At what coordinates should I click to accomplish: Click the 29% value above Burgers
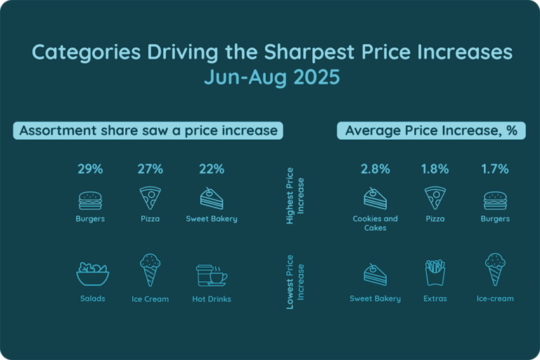(90, 169)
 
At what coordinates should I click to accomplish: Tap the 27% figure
(150, 169)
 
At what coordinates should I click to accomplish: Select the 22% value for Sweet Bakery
(211, 169)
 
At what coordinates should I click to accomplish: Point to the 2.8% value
(375, 169)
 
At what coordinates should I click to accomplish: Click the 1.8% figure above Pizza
(435, 169)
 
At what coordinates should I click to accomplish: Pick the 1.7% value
(496, 169)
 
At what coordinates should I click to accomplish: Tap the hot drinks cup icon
(211, 274)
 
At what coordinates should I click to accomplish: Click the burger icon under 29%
(90, 200)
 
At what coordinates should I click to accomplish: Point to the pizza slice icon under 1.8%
(435, 198)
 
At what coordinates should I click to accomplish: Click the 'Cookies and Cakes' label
(375, 223)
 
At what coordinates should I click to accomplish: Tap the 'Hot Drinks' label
(211, 299)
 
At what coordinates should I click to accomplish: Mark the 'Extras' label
(435, 299)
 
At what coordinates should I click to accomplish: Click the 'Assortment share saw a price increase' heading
(148, 131)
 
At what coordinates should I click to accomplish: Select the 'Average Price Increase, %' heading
(431, 131)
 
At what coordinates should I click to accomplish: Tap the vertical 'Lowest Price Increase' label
(295, 281)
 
